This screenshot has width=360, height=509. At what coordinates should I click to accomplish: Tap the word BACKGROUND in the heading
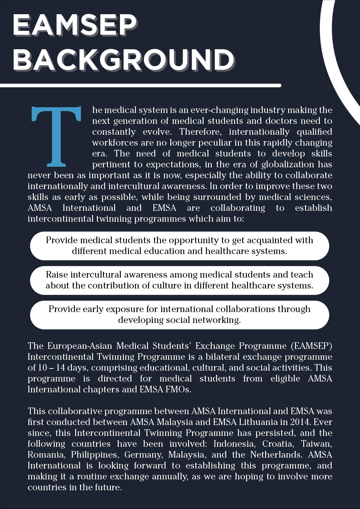(x=123, y=59)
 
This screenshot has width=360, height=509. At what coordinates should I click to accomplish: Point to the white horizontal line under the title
(x=140, y=85)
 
